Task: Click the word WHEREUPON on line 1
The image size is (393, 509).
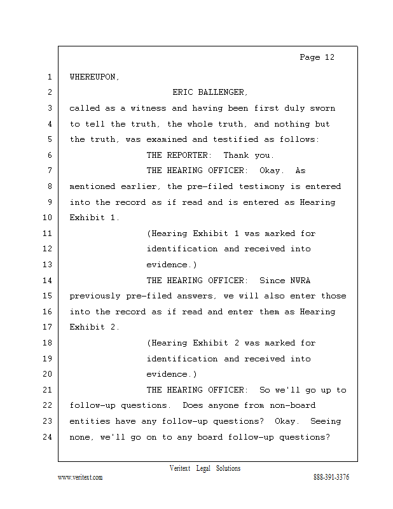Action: [x=93, y=77]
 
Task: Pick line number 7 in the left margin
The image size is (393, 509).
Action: [x=49, y=171]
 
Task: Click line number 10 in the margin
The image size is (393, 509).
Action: [x=47, y=218]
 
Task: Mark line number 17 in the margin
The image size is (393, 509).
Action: [x=47, y=327]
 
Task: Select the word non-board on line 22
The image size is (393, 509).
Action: [x=293, y=405]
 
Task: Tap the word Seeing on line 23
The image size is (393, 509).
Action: [x=326, y=421]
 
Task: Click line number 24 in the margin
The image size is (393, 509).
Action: [x=47, y=437]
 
